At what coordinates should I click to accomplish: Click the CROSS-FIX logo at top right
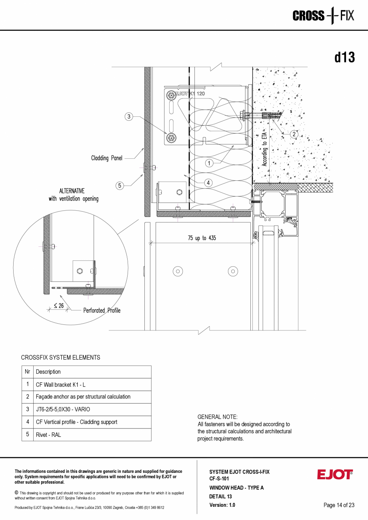[323, 16]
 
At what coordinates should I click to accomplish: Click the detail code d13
[344, 58]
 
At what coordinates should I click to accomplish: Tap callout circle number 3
[128, 117]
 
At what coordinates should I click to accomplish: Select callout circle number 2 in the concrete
[294, 134]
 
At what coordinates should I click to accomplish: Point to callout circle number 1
[209, 163]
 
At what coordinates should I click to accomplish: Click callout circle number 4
[208, 183]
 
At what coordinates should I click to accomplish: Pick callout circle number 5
[120, 185]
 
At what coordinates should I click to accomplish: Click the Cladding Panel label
[106, 158]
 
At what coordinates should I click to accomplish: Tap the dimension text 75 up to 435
[202, 238]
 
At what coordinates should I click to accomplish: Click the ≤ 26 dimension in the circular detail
[58, 306]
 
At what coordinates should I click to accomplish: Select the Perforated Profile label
[102, 310]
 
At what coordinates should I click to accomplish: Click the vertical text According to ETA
[264, 148]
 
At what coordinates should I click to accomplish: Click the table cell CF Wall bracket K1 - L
[61, 384]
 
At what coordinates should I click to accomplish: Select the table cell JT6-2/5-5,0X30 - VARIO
[63, 409]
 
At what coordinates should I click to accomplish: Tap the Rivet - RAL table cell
[48, 435]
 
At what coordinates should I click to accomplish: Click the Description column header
[48, 372]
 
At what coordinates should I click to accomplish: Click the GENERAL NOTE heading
[217, 417]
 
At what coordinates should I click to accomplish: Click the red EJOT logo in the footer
[335, 475]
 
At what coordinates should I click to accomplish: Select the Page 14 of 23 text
[339, 505]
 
